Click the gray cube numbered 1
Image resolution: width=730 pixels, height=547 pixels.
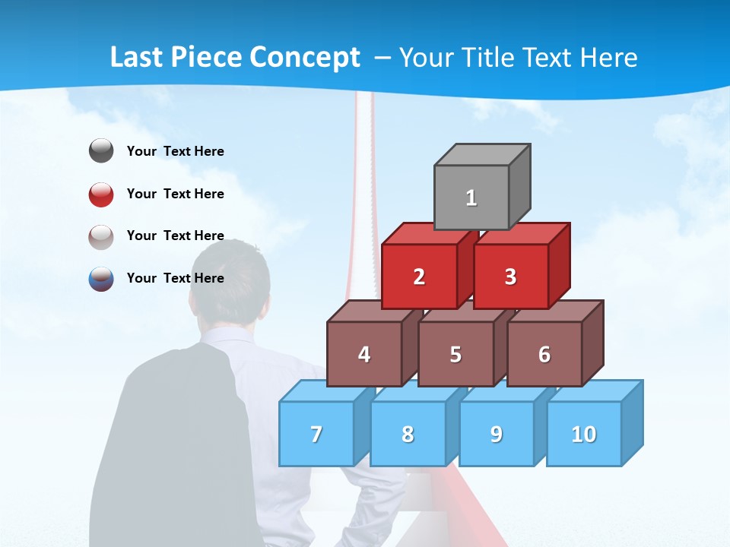click(x=471, y=198)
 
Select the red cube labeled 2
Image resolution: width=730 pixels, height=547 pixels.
click(x=419, y=277)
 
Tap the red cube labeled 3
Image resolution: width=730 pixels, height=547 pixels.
click(x=510, y=277)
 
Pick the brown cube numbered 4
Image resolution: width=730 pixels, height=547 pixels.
click(x=364, y=354)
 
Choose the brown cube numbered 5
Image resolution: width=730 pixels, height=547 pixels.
click(x=455, y=354)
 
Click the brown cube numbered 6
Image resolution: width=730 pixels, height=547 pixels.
click(x=544, y=354)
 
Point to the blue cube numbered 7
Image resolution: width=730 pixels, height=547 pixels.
click(x=316, y=434)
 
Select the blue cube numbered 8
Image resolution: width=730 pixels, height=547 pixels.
click(x=408, y=434)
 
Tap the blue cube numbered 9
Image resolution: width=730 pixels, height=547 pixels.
click(x=497, y=434)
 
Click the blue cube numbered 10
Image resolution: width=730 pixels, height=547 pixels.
click(x=584, y=434)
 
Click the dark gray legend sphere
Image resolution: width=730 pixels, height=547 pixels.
click(x=101, y=151)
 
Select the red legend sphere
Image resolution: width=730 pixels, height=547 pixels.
click(x=101, y=194)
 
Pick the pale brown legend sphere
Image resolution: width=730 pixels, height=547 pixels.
click(x=101, y=236)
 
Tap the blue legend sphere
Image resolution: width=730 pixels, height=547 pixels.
click(x=101, y=278)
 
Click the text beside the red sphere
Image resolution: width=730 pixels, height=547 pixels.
click(x=176, y=194)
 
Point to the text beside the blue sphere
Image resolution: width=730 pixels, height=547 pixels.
click(x=176, y=278)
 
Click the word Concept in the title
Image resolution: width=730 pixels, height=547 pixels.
click(x=305, y=58)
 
